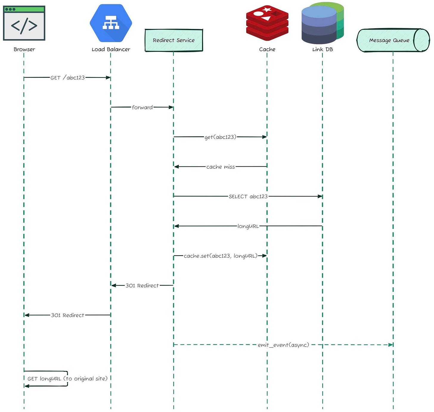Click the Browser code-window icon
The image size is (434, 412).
[x=24, y=23]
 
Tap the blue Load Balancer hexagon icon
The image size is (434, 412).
[x=111, y=23]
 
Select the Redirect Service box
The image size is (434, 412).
[x=174, y=40]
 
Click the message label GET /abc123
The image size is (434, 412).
[x=68, y=78]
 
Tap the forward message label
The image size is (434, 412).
[x=142, y=107]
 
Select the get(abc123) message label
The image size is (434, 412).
[x=220, y=137]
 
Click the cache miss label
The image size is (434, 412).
[x=221, y=167]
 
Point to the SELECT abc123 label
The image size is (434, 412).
[x=248, y=196]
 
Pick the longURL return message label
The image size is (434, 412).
[x=248, y=226]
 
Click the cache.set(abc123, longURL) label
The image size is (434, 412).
[x=221, y=256]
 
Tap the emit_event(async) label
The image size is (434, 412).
[x=283, y=345]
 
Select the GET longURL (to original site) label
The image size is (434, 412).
[x=67, y=379]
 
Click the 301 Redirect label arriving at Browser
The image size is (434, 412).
[x=68, y=315]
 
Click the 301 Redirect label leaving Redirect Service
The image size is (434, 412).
[x=142, y=286]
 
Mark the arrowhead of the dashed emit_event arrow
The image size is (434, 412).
[x=391, y=345]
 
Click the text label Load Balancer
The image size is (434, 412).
[x=111, y=49]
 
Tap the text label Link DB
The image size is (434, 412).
[x=323, y=49]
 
